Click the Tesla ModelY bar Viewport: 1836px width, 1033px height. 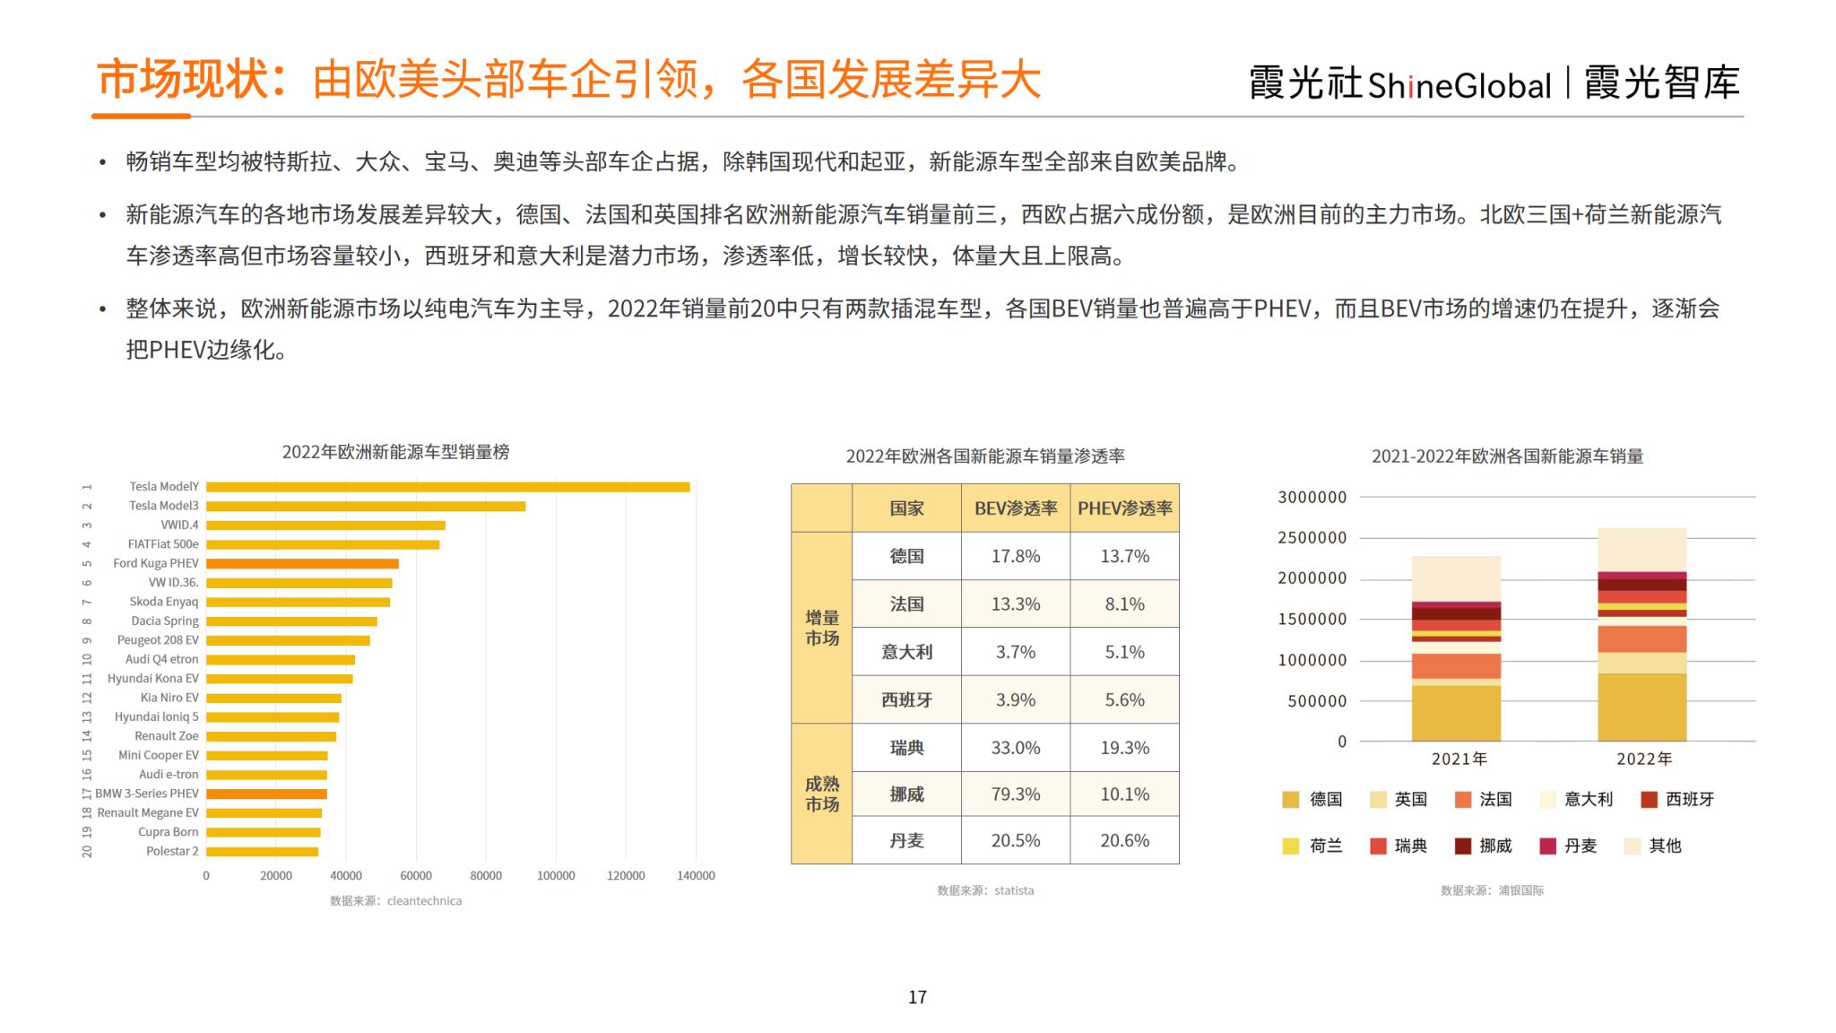pos(448,487)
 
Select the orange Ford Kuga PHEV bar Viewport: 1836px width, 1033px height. pos(302,564)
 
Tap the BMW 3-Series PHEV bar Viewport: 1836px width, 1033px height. pos(266,794)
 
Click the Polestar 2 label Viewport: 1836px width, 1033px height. pos(172,851)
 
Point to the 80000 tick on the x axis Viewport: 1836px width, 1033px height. pos(486,875)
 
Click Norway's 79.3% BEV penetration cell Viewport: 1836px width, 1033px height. pos(1015,794)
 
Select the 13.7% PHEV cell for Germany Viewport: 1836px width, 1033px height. pos(1124,556)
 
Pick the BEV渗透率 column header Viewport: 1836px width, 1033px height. pos(1015,508)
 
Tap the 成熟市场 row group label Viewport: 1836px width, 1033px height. pos(821,794)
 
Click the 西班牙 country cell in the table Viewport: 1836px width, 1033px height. pos(906,699)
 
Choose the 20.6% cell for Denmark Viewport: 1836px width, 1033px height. pos(1124,840)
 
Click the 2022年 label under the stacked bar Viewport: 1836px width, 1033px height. pos(1643,759)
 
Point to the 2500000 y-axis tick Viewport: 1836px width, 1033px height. pos(1312,538)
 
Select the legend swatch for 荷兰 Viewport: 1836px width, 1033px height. pos(1291,846)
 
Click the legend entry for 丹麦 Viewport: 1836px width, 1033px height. pos(1580,846)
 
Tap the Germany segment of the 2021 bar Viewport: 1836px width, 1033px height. pos(1456,713)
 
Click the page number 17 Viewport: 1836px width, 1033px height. pos(917,997)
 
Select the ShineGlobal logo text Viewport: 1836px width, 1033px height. pos(1459,85)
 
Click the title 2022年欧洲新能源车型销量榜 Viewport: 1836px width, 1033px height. pos(395,452)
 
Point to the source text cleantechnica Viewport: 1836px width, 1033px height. pos(424,901)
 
